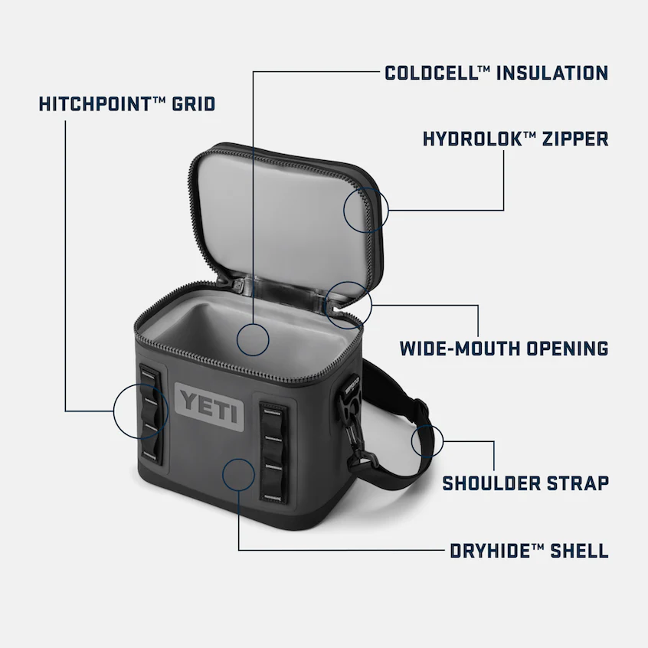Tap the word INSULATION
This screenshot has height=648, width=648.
[552, 73]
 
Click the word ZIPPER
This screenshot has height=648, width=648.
[576, 139]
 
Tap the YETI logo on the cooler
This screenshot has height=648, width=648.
[208, 404]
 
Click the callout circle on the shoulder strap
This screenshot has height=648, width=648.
[427, 441]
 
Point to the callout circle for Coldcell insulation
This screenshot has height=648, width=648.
[253, 338]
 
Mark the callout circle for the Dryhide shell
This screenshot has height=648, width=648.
[238, 473]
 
